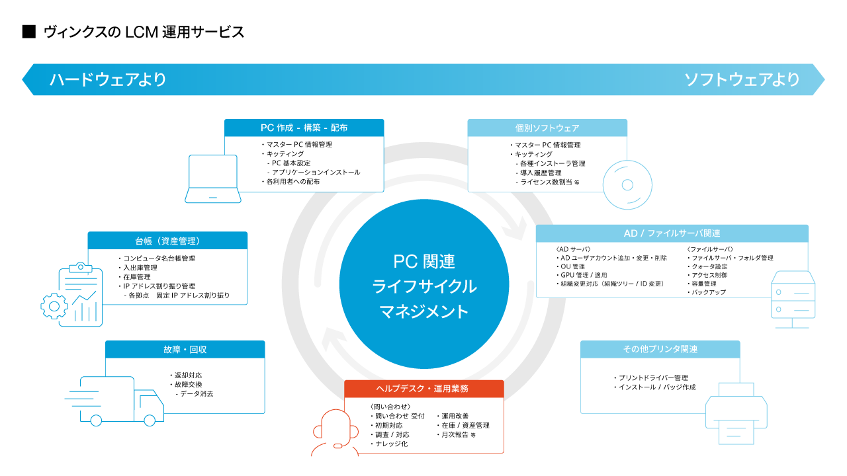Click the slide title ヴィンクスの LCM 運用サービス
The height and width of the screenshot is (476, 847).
pos(143,32)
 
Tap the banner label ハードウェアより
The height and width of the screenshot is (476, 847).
pos(107,80)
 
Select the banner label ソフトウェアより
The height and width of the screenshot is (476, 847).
pos(742,80)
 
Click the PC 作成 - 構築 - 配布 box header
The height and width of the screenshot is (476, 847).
pos(304,128)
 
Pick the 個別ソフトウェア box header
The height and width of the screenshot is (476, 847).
pos(547,128)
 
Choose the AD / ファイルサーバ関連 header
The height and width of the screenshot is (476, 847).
pos(672,233)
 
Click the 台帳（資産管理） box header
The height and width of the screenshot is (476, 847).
pos(167,240)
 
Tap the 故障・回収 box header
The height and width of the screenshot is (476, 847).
pos(185,349)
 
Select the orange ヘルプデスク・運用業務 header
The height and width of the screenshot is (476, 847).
pos(423,389)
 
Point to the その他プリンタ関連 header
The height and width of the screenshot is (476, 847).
pos(660,349)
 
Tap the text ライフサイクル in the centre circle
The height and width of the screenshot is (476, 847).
pos(424,286)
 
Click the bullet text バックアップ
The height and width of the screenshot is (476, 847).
pos(709,292)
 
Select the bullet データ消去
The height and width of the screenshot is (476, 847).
pos(196,393)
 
